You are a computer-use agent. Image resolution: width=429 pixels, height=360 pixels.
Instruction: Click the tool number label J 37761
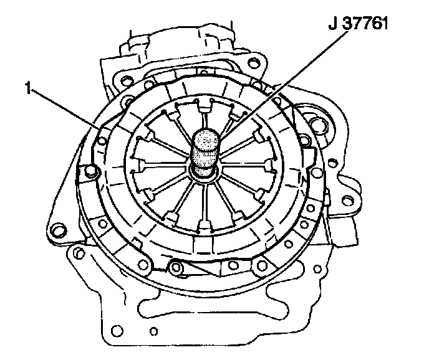pos(358,24)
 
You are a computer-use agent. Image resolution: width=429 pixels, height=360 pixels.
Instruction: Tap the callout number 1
pos(27,88)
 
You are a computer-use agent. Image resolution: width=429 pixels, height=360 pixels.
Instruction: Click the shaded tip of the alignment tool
pos(206,139)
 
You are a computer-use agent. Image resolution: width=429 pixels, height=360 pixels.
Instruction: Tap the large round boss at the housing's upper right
pos(317,125)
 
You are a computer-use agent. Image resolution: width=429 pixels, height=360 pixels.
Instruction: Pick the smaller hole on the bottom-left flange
pos(154,331)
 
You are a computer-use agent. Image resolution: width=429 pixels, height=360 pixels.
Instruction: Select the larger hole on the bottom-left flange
pos(117,330)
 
